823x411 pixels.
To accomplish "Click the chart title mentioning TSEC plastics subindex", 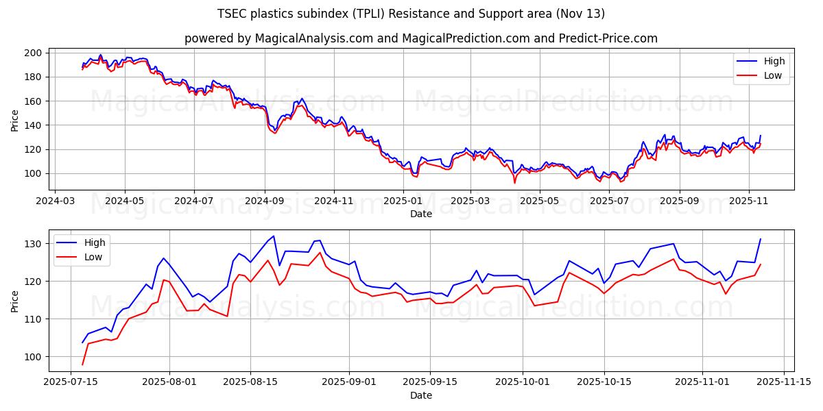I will pyautogui.click(x=411, y=14).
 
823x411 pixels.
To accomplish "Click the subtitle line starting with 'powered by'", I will pyautogui.click(x=420, y=38).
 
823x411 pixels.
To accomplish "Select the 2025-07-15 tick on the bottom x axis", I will pyautogui.click(x=71, y=382).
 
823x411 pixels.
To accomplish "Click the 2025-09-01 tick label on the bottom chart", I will pyautogui.click(x=349, y=382).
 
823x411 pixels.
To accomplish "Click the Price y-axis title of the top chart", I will pyautogui.click(x=15, y=120).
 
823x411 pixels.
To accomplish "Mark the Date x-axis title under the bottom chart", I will pyautogui.click(x=420, y=395).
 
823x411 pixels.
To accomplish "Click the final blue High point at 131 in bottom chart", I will pyautogui.click(x=760, y=239).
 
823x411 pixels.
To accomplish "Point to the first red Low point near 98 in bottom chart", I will pyautogui.click(x=82, y=364).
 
